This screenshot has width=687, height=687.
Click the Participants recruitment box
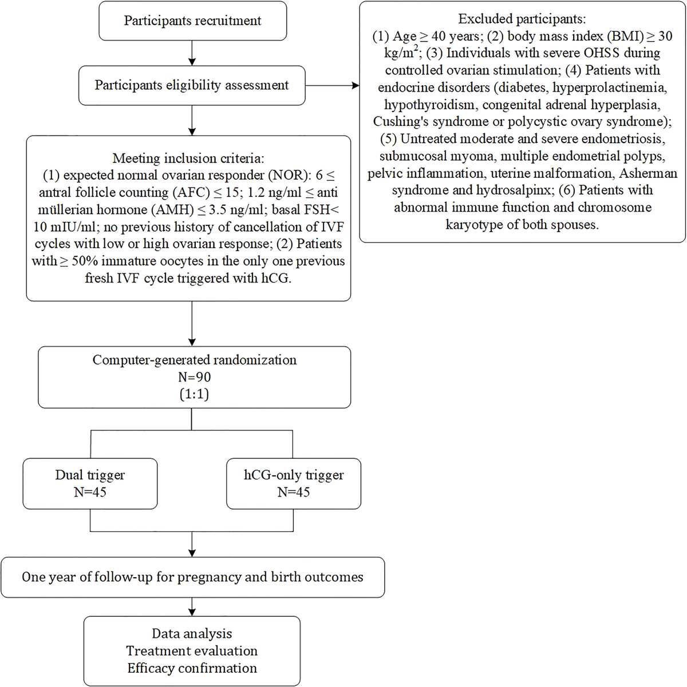(192, 21)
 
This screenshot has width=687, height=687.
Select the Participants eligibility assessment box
(191, 86)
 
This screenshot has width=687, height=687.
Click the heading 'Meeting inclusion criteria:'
(188, 158)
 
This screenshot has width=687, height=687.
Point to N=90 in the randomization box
(194, 378)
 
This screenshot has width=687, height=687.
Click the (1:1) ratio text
(194, 395)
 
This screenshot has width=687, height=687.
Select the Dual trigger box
(90, 483)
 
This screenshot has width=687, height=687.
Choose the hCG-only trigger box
(293, 483)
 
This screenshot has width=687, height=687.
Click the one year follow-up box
(192, 577)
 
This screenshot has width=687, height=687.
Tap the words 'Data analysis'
(192, 634)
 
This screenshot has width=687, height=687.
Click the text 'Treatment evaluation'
(192, 651)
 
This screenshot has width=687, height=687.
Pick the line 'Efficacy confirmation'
(192, 668)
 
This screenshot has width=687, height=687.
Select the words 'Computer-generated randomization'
(194, 360)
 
